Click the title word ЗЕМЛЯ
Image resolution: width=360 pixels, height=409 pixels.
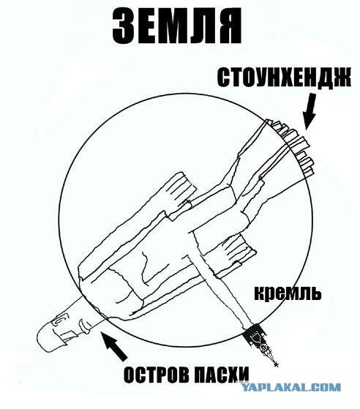[x=177, y=26]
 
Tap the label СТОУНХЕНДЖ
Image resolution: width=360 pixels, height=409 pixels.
[x=284, y=78]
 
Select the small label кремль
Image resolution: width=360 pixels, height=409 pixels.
[x=288, y=293]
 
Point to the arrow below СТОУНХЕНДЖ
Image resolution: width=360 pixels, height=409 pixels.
[x=310, y=112]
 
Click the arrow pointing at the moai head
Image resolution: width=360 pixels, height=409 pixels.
[x=114, y=346]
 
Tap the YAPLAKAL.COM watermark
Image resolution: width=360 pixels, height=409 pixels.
[x=290, y=387]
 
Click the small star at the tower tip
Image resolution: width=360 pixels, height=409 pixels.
[x=277, y=364]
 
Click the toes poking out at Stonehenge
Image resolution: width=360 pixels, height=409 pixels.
[x=292, y=146]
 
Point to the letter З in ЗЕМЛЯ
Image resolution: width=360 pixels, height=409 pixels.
[x=123, y=26]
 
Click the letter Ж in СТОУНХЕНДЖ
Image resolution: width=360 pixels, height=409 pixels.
[x=342, y=78]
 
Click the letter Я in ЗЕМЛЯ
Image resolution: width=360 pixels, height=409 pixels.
[x=230, y=26]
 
